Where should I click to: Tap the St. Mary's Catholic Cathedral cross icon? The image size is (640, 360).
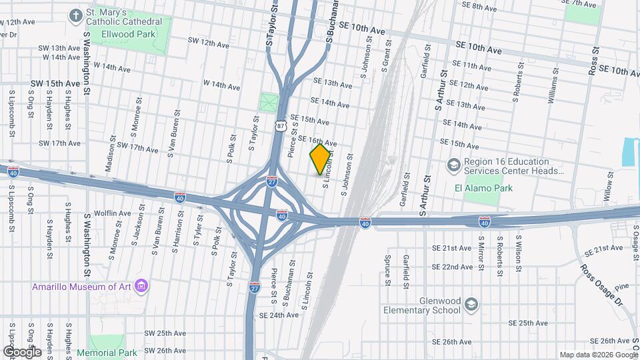click(77, 15)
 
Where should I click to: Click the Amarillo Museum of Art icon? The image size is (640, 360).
click(141, 287)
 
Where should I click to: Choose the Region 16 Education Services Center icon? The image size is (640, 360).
click(454, 165)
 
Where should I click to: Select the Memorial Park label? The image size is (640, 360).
click(107, 353)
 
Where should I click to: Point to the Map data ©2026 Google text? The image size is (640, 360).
click(598, 355)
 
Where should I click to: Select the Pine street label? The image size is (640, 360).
click(621, 288)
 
